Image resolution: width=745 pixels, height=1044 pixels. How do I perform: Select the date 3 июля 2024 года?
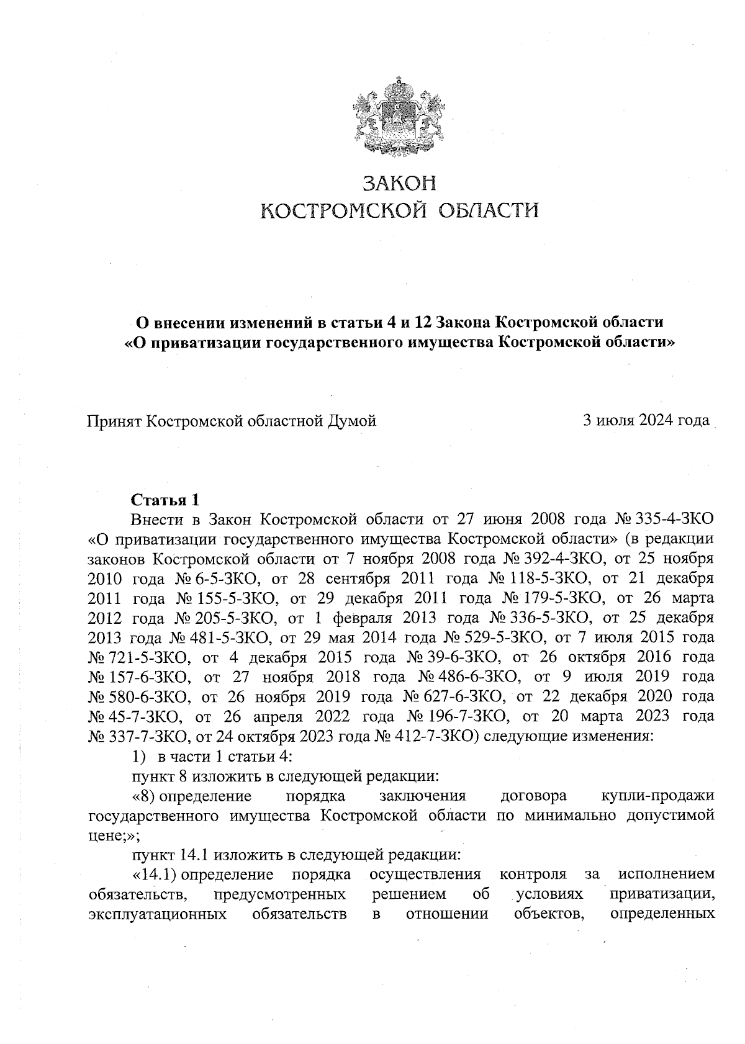click(646, 421)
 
